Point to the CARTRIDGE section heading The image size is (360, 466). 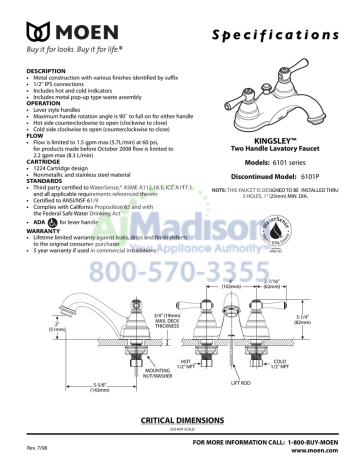[x=45, y=162]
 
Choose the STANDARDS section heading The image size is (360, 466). [x=45, y=180]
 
